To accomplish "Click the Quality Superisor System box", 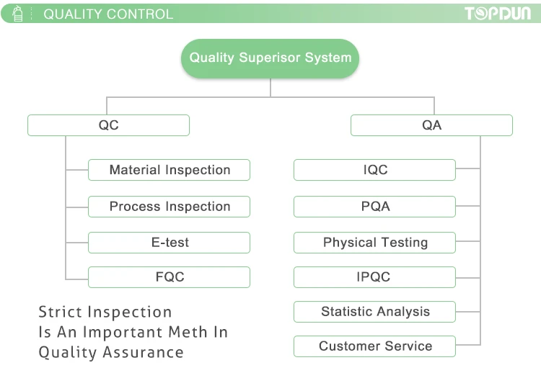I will coord(270,58).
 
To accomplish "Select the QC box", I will coord(108,125).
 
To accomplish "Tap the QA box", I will coord(431,125).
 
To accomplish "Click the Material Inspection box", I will coord(169,170).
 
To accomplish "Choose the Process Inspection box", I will coord(169,206).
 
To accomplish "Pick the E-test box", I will coord(169,242).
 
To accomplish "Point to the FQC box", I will coord(169,277).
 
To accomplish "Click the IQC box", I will coord(374,170).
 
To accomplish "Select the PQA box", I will coord(374,206).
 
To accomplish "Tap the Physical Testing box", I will coord(374,242).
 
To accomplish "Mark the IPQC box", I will coord(374,277).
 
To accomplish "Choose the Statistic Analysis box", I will coord(374,312).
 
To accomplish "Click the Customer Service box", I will coord(374,346).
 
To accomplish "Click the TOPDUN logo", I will coord(498,14).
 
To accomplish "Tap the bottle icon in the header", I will coord(18,14).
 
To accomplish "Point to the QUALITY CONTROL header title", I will coord(108,14).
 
